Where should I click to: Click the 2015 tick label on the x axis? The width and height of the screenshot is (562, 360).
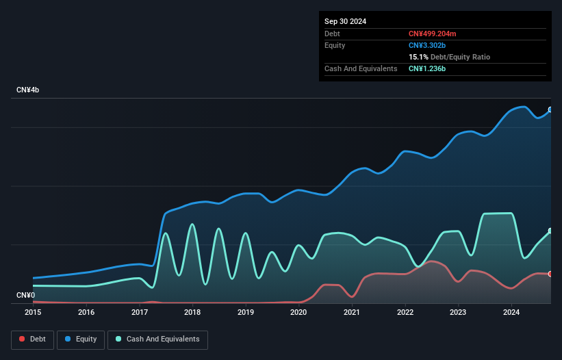pos(33,312)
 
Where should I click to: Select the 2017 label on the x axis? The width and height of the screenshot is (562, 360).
pos(140,312)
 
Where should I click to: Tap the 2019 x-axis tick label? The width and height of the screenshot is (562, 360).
pos(246,312)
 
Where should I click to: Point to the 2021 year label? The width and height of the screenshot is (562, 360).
pos(352,312)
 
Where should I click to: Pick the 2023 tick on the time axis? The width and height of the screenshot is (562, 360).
pos(458,312)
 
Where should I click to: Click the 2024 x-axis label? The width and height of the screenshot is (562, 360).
pos(511,312)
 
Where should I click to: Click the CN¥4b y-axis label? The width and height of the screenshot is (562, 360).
pos(28,90)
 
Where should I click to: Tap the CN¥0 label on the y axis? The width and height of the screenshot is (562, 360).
pos(25,295)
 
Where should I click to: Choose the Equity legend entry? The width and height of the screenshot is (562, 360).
pos(81,339)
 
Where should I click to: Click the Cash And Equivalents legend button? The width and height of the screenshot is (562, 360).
pos(157,339)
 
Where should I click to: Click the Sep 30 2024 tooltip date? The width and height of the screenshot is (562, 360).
pos(345,21)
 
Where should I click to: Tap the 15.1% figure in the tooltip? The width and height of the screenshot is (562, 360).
pos(418,57)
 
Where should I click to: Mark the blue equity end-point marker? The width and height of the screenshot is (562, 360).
pos(550,110)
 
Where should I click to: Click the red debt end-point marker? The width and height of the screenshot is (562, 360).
pos(550,274)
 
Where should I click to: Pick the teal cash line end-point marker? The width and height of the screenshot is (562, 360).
pos(550,231)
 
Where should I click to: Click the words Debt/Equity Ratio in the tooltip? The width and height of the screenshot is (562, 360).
pos(460,57)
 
